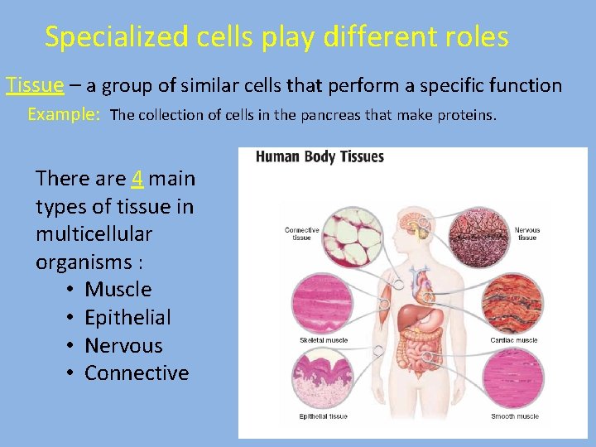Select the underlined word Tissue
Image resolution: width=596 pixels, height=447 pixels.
(x=35, y=84)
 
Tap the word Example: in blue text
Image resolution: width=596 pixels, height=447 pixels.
(x=64, y=114)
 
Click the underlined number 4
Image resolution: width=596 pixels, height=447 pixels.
(x=137, y=178)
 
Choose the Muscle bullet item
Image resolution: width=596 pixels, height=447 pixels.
(x=118, y=289)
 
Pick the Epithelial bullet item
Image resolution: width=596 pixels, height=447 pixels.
(x=127, y=317)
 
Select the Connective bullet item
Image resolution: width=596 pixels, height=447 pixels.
(x=137, y=373)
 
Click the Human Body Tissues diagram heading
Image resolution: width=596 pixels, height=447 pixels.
(x=320, y=156)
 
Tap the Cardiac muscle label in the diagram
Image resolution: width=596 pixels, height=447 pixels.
(x=514, y=340)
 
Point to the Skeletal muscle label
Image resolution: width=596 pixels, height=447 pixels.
(x=324, y=340)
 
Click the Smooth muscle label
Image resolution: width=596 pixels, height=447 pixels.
(x=514, y=416)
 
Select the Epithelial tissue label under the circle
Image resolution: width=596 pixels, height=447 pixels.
(x=324, y=416)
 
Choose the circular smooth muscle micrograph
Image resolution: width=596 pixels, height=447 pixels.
(x=513, y=380)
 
